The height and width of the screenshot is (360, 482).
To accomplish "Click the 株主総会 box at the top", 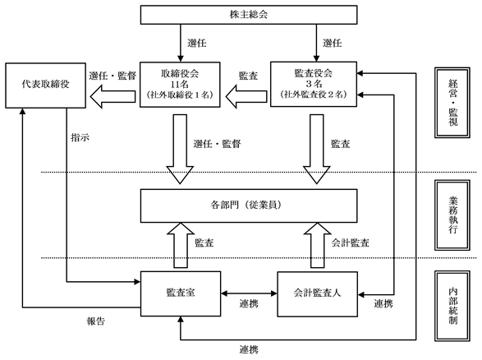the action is click(x=249, y=15).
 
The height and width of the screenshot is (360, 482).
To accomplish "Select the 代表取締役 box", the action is click(x=45, y=85).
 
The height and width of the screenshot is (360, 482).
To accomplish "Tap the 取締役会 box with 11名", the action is click(x=180, y=85).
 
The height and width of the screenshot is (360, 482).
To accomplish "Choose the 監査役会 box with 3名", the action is click(x=314, y=85).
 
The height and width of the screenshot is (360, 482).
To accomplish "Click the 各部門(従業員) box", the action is click(x=249, y=205).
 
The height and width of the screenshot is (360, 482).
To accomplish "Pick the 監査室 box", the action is click(x=181, y=294).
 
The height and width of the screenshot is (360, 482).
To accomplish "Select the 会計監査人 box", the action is click(x=317, y=294).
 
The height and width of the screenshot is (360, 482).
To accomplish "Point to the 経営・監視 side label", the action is click(x=452, y=103).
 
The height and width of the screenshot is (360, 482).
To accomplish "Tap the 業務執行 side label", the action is click(x=452, y=215).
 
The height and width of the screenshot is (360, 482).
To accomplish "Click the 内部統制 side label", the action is click(x=452, y=306).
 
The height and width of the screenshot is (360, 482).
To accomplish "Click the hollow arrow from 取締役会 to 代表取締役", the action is click(x=112, y=96).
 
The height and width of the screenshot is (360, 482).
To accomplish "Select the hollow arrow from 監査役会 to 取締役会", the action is click(x=246, y=96).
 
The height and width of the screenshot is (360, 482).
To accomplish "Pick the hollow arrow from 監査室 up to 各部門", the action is click(x=181, y=245).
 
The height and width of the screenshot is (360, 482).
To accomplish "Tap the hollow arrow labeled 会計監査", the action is click(x=317, y=245).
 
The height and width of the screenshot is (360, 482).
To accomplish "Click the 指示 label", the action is click(x=80, y=137).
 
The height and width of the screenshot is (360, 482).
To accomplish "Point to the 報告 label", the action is click(x=95, y=321).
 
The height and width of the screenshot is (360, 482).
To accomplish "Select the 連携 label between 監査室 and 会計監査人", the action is click(x=249, y=303).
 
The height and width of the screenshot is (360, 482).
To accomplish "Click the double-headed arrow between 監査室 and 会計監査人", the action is click(x=249, y=293).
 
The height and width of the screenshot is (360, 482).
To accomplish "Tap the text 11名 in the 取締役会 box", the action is click(x=180, y=84).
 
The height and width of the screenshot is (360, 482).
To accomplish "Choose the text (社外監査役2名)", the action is click(x=314, y=95).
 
